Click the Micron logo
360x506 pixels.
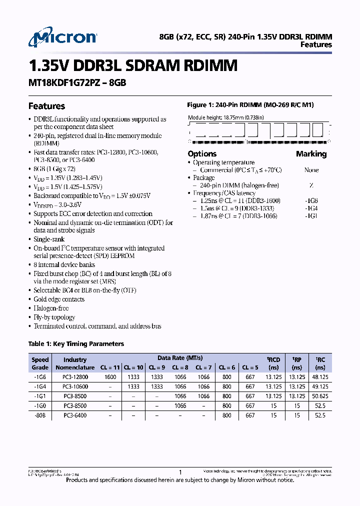[x=62, y=38]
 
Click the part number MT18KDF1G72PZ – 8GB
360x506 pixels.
[x=77, y=83]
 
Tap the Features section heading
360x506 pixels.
[x=46, y=106]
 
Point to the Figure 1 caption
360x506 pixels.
[x=250, y=105]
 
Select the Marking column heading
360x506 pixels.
[x=311, y=154]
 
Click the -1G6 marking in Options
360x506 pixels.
[x=311, y=200]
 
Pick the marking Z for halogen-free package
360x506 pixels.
[x=311, y=185]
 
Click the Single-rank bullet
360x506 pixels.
[x=49, y=239]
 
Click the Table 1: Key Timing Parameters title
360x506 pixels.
[x=76, y=343]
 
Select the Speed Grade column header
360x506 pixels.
[x=40, y=363]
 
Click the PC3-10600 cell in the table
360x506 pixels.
[x=75, y=387]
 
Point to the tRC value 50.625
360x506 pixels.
[x=320, y=396]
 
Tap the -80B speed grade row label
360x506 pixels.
[x=40, y=415]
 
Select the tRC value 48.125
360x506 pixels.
[x=320, y=377]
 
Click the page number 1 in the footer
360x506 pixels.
[x=180, y=472]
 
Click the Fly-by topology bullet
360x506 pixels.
[x=54, y=317]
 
